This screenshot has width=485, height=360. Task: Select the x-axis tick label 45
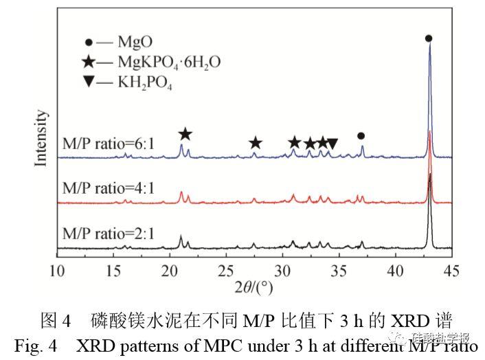[x=451, y=269]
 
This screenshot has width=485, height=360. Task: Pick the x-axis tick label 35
[x=339, y=269]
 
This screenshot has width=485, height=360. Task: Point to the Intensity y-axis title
[x=41, y=138]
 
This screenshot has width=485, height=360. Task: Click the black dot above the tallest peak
[x=429, y=39]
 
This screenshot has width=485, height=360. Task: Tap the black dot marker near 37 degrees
[x=361, y=136]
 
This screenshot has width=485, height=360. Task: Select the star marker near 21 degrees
[x=185, y=134]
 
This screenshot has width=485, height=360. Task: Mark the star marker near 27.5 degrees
[x=256, y=143]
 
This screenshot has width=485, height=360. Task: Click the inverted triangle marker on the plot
[x=332, y=144]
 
